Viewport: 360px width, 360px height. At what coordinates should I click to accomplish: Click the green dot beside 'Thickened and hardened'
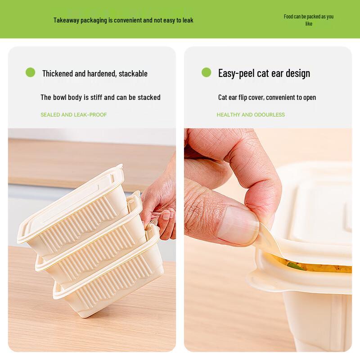pos(30,72)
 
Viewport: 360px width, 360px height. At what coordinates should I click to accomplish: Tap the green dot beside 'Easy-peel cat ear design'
pos(206,72)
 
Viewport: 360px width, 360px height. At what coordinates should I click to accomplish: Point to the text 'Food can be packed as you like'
pos(309,20)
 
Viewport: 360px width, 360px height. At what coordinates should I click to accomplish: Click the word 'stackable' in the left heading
pos(133,73)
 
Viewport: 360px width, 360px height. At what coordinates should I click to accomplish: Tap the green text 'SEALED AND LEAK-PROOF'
pos(74,115)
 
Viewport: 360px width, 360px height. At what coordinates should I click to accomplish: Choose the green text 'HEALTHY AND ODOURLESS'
pos(251,115)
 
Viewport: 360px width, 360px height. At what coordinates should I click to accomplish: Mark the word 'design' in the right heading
pos(297,73)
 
